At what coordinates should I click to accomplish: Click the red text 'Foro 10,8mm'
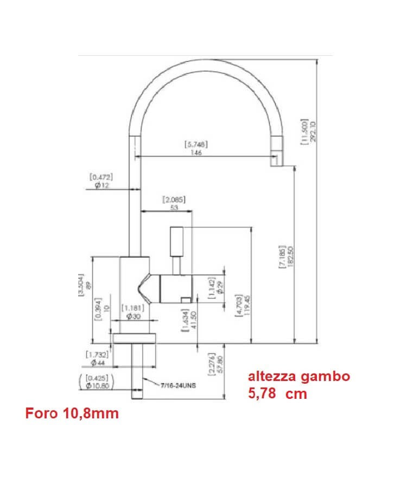click(x=72, y=414)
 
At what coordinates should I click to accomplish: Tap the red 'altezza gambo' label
click(x=299, y=377)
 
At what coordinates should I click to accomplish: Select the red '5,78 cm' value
click(x=277, y=394)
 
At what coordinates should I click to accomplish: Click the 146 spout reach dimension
click(x=196, y=153)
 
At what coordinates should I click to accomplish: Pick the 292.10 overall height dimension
click(x=312, y=132)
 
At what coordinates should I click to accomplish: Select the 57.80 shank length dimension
click(x=219, y=363)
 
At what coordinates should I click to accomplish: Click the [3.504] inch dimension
click(x=81, y=284)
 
